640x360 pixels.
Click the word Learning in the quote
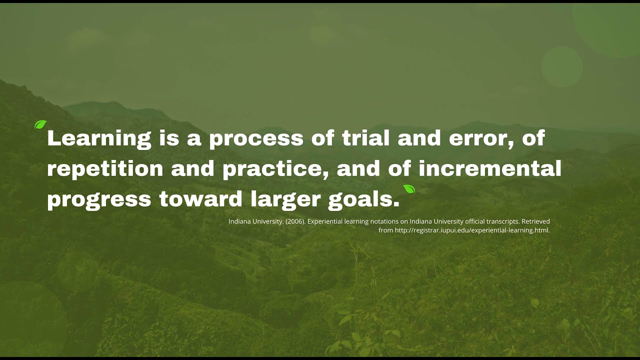[99, 139]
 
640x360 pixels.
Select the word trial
[365, 137]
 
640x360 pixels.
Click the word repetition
[105, 169]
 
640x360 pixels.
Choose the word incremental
[490, 168]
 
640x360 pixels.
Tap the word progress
[99, 200]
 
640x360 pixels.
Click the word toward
[201, 198]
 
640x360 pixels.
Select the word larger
[285, 199]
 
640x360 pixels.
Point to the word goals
[363, 199]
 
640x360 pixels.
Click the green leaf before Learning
[40, 125]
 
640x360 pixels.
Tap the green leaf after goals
[409, 189]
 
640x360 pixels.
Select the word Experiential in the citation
[325, 221]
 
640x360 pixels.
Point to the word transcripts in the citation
[503, 221]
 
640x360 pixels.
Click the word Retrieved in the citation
[535, 221]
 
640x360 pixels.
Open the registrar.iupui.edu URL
[472, 230]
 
